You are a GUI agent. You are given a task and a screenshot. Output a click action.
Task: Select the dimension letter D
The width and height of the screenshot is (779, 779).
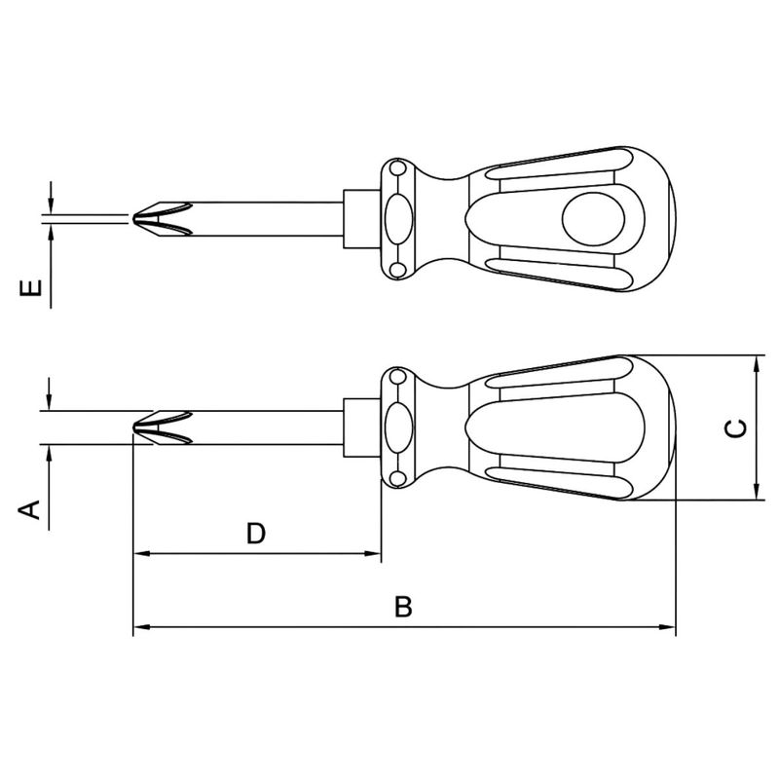(255, 533)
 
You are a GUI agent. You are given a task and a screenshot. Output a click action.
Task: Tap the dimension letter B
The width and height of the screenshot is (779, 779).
(403, 608)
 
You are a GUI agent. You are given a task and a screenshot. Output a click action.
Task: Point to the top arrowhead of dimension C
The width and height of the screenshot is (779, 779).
(756, 362)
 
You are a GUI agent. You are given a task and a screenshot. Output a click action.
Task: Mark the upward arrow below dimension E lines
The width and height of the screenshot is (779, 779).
(48, 234)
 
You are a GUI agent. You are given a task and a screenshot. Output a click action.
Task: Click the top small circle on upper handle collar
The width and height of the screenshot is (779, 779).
(396, 169)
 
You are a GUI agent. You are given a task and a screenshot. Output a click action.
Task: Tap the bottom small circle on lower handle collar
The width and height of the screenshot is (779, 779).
(396, 478)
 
